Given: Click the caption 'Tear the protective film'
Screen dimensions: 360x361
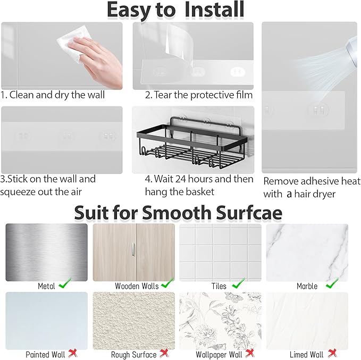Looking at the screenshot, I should click(199, 95).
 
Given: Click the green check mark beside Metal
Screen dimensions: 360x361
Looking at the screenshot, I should click(65, 285).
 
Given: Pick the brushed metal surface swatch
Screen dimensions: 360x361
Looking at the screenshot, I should click(46, 252).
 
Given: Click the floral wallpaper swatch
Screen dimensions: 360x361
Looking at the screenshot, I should click(220, 320).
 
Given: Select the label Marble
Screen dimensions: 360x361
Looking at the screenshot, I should click(307, 286).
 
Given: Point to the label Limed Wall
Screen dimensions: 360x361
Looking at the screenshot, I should click(307, 354).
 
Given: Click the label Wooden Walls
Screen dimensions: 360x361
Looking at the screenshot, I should click(137, 286).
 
